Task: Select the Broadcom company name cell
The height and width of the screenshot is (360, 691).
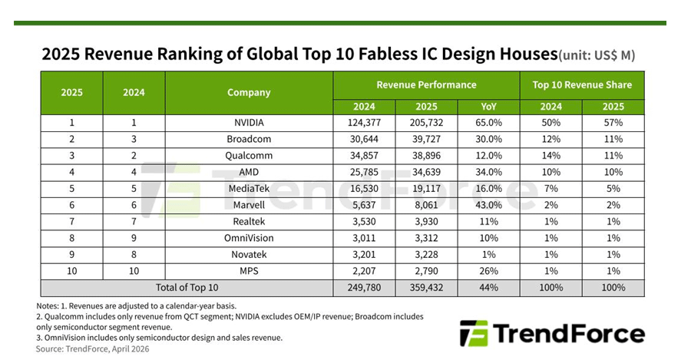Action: [x=249, y=138]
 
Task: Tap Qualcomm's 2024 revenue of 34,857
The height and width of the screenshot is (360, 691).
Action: [x=363, y=155]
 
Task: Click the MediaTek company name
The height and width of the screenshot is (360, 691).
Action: [x=249, y=188]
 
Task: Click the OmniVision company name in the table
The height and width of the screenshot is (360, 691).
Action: [x=249, y=237]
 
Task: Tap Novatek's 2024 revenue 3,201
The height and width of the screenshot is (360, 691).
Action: [x=363, y=254]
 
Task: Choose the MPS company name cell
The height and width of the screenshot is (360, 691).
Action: [x=249, y=271]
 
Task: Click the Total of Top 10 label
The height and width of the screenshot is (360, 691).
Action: [x=187, y=288]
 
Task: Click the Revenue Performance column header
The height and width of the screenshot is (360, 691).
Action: [x=426, y=84]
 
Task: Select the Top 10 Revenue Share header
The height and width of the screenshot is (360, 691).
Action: [x=582, y=84]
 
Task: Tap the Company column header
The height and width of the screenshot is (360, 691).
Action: [x=249, y=93]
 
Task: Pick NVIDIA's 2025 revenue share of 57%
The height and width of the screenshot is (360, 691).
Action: [x=613, y=122]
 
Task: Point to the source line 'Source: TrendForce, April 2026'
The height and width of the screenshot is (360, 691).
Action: [x=93, y=348]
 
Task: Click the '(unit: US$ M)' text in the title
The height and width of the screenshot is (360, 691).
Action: [x=597, y=55]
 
